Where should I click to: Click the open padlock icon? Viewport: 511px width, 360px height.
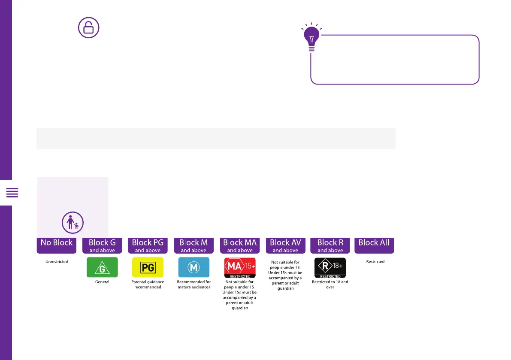coord(88,28)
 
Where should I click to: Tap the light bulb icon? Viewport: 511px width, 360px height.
coord(312,38)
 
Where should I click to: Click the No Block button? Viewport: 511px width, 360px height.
coord(57,245)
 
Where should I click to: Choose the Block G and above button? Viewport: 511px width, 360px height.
coord(102,245)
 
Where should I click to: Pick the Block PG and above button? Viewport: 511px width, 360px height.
coord(148,245)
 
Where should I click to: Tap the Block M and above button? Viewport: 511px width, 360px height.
coord(194,245)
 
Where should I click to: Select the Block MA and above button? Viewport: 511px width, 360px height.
coord(240,245)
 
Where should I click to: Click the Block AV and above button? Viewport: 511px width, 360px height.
coord(285,245)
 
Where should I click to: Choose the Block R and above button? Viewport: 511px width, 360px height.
coord(330,245)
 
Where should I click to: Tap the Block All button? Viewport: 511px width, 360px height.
coord(374,245)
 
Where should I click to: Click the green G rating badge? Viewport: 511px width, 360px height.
coord(102,267)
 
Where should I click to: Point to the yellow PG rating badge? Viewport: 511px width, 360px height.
coord(148,267)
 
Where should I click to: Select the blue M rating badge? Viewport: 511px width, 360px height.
coord(194,267)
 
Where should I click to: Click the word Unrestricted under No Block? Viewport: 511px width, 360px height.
coord(57,262)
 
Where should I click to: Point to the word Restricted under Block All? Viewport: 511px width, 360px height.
coord(375,262)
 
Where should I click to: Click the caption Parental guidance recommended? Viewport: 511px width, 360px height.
coord(148,284)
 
